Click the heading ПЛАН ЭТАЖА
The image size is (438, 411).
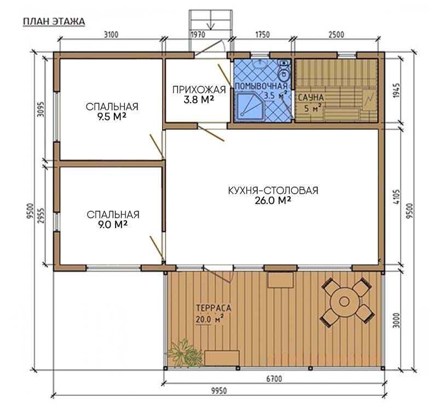point(54,21)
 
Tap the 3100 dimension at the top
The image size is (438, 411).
point(111,35)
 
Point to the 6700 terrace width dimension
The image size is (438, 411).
point(274,379)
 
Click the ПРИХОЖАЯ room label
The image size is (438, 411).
point(199,89)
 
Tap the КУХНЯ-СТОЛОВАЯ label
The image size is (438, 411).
point(273,190)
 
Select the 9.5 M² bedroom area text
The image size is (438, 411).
point(112,117)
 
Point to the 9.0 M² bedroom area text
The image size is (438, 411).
point(113,224)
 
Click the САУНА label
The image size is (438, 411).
point(310,98)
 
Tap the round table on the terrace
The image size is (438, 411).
point(344,301)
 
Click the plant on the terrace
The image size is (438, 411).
point(185,353)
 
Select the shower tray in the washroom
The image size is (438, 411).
point(250,107)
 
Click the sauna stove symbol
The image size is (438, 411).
point(369,99)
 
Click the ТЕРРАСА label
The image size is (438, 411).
point(214,308)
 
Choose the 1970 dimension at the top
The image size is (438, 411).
point(198,35)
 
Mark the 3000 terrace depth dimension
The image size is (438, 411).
point(396,320)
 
